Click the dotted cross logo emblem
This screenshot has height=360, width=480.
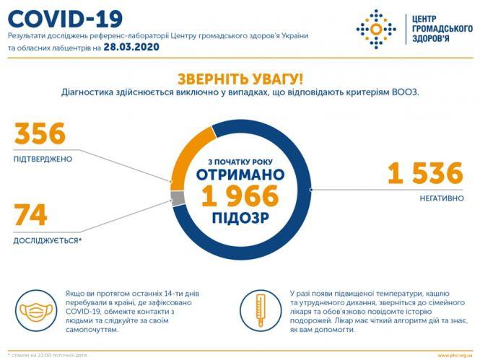pyautogui.click(x=376, y=29)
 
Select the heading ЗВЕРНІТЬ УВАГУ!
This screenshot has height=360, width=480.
pyautogui.click(x=240, y=79)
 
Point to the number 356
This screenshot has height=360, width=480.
pyautogui.click(x=40, y=134)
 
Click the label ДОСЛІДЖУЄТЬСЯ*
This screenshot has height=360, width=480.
pyautogui.click(x=48, y=240)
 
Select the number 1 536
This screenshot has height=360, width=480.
pyautogui.click(x=424, y=174)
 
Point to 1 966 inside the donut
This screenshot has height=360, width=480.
pyautogui.click(x=240, y=196)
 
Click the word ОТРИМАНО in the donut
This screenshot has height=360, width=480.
pyautogui.click(x=240, y=175)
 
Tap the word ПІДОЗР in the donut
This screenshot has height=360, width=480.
pyautogui.click(x=240, y=216)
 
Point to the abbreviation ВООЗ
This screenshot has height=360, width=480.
pyautogui.click(x=405, y=92)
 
